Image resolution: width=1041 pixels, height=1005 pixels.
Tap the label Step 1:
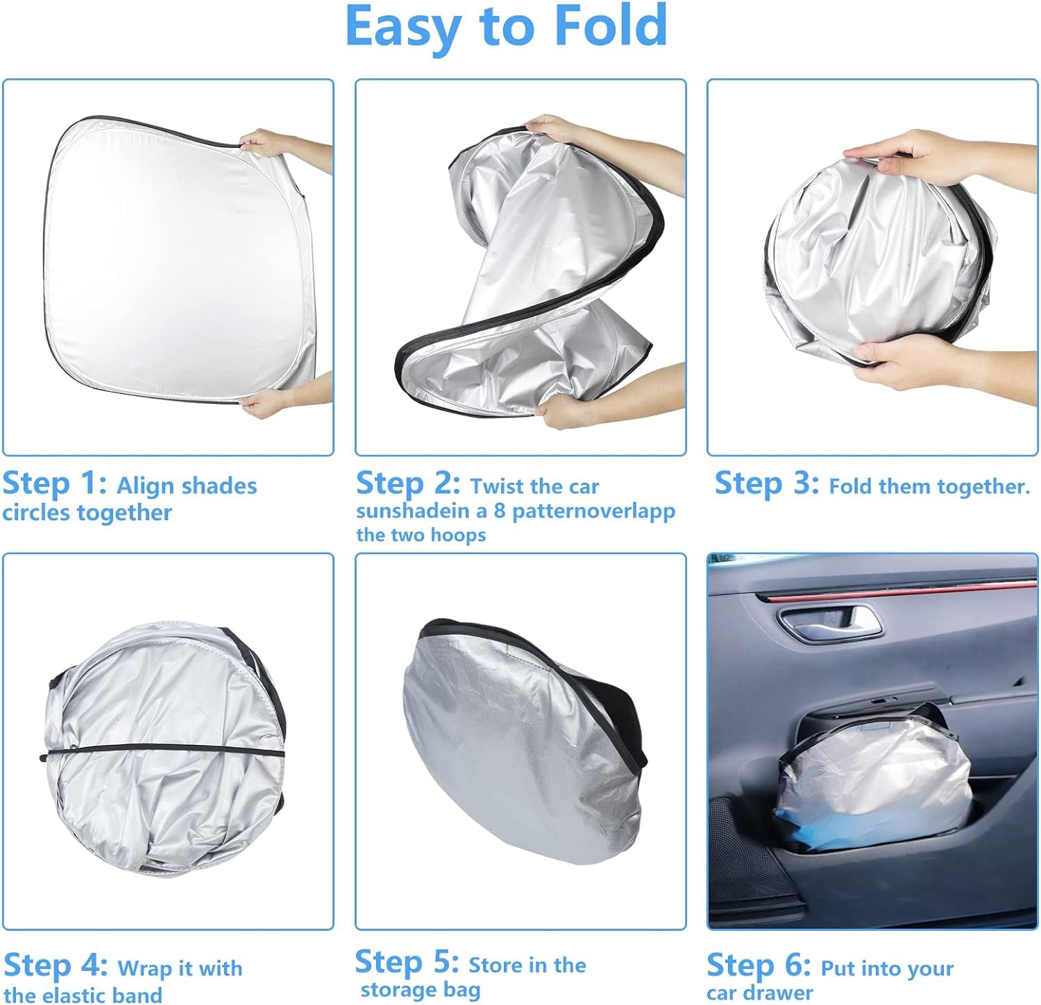[x=55, y=483]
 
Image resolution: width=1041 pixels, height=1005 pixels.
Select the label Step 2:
[x=408, y=483]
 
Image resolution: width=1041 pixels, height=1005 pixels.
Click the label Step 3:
[x=767, y=483]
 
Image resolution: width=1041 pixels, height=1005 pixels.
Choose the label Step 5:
[x=407, y=963]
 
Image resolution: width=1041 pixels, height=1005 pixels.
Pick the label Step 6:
[x=759, y=965]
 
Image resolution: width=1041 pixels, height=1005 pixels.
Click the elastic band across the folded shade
[x=163, y=752]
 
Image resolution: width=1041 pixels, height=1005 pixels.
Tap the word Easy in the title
[x=403, y=27]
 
